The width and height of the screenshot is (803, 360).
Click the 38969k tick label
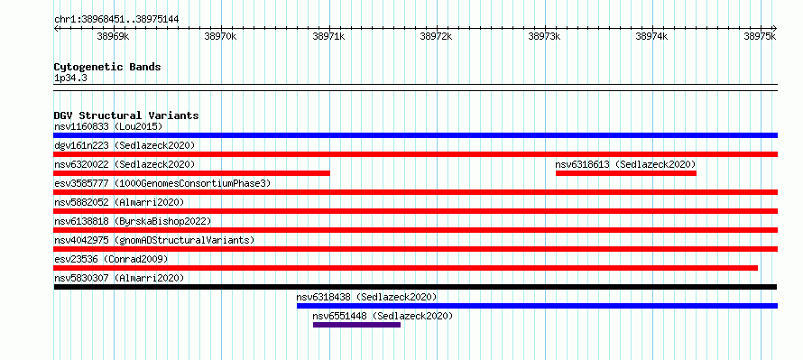click(113, 36)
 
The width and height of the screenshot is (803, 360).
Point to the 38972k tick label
click(437, 36)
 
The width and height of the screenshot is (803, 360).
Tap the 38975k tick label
click(760, 36)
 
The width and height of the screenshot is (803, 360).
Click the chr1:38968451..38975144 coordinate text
click(116, 20)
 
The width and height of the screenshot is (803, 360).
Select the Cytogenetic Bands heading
click(107, 67)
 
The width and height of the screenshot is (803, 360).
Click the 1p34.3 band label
click(70, 78)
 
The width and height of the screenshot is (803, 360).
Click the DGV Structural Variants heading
click(126, 115)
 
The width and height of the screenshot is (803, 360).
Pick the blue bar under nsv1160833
click(415, 135)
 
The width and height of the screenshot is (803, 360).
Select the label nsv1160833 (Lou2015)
click(108, 126)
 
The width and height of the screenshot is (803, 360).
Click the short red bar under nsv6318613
click(626, 173)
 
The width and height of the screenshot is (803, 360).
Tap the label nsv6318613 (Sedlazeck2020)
click(625, 164)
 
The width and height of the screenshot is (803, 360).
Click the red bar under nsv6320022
click(192, 173)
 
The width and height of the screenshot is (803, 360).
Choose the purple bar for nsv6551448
click(357, 325)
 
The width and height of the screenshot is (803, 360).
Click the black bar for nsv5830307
click(415, 287)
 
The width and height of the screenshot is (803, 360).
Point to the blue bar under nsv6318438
click(537, 306)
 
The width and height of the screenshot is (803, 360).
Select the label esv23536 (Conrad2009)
click(111, 259)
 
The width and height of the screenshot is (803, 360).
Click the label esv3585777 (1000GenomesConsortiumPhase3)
click(162, 183)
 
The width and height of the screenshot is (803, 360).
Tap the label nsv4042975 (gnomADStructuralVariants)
click(154, 240)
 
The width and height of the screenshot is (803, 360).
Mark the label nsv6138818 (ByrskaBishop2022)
click(133, 221)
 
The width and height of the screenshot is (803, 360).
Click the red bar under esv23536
click(406, 268)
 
